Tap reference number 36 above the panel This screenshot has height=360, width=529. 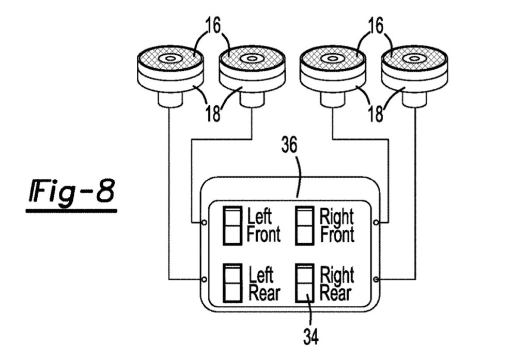tap(289, 146)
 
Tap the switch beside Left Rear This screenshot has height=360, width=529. tap(232, 283)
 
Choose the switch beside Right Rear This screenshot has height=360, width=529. tap(305, 283)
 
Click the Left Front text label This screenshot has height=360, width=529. tap(263, 225)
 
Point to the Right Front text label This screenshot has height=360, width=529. tap(337, 225)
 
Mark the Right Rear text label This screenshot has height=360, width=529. tap(336, 284)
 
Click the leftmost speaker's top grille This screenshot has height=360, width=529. tap(169, 58)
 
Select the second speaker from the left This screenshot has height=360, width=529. tap(252, 72)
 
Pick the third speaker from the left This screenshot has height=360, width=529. tap(333, 72)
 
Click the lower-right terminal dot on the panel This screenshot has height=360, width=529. tap(376, 279)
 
